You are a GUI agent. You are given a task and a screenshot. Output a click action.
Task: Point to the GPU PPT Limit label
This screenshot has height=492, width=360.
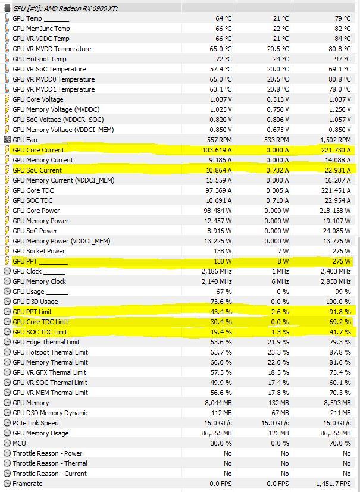coord(32,312)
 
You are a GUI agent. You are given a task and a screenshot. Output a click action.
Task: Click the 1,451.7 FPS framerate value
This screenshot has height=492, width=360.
coord(331,484)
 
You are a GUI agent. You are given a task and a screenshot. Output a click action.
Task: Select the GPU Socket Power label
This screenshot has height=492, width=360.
coord(39,251)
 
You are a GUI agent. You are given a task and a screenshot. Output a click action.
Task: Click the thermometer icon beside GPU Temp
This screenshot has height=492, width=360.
coord(7,18)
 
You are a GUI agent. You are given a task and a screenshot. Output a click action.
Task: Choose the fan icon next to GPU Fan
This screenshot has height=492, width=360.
coord(7,140)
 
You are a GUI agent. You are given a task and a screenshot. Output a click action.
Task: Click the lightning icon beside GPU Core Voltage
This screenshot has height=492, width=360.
coord(7,99)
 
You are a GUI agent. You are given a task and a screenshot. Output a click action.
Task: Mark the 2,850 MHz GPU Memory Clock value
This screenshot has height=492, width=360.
coord(334,281)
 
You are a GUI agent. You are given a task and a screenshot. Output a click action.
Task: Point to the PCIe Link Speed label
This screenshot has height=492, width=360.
coord(36,423)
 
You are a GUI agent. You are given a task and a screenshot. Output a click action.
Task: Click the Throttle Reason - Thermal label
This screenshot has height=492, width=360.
coord(50,463)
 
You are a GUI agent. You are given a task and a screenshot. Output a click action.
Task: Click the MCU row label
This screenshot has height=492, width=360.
coord(19,443)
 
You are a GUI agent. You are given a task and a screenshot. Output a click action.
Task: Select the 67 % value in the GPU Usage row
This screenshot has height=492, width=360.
coord(224,292)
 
